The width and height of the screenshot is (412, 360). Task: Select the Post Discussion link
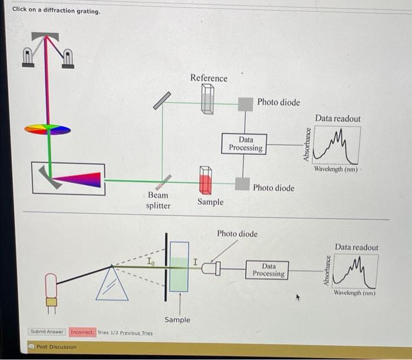(56, 347)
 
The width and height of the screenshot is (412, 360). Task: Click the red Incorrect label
(82, 332)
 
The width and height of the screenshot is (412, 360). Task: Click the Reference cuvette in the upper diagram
(207, 98)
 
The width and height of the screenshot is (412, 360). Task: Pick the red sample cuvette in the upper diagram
(205, 181)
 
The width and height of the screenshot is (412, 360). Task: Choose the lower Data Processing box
(268, 270)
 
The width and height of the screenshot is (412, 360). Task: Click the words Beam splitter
(158, 200)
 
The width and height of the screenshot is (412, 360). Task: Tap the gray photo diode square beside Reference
(245, 104)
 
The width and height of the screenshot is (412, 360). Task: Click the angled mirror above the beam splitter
(162, 101)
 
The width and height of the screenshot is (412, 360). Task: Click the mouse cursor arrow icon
(298, 298)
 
